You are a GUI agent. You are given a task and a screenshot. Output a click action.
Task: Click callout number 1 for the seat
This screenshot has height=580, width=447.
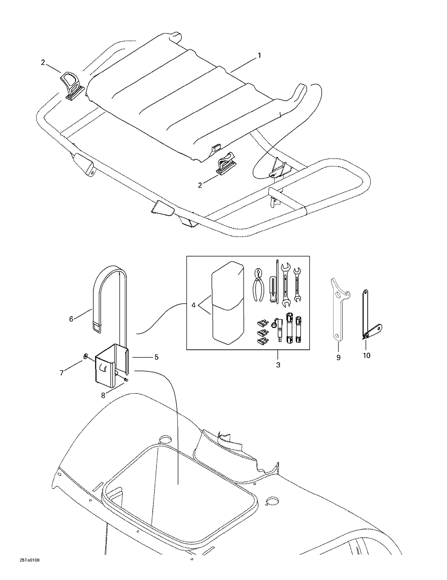259,55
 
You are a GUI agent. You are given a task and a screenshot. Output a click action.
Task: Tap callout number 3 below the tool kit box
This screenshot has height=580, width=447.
278,365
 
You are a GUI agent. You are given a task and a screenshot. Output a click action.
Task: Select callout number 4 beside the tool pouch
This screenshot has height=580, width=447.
194,305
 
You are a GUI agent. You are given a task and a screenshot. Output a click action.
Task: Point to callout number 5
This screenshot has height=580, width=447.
156,357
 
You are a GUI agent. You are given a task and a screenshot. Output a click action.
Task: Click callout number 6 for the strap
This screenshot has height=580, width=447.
71,319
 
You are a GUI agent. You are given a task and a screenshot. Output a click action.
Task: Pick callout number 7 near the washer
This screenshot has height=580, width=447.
62,373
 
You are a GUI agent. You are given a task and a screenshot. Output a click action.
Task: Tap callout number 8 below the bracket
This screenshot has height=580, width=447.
103,396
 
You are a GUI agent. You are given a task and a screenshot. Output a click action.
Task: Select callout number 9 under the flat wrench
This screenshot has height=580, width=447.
338,357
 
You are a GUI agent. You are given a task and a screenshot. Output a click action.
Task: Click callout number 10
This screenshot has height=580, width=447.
367,355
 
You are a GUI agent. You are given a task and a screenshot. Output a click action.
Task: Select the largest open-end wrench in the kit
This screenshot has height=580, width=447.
286,284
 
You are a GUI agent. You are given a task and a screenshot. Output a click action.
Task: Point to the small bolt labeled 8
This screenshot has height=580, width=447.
126,380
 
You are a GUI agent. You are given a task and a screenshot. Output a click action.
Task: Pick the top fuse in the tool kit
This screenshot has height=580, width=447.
263,323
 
